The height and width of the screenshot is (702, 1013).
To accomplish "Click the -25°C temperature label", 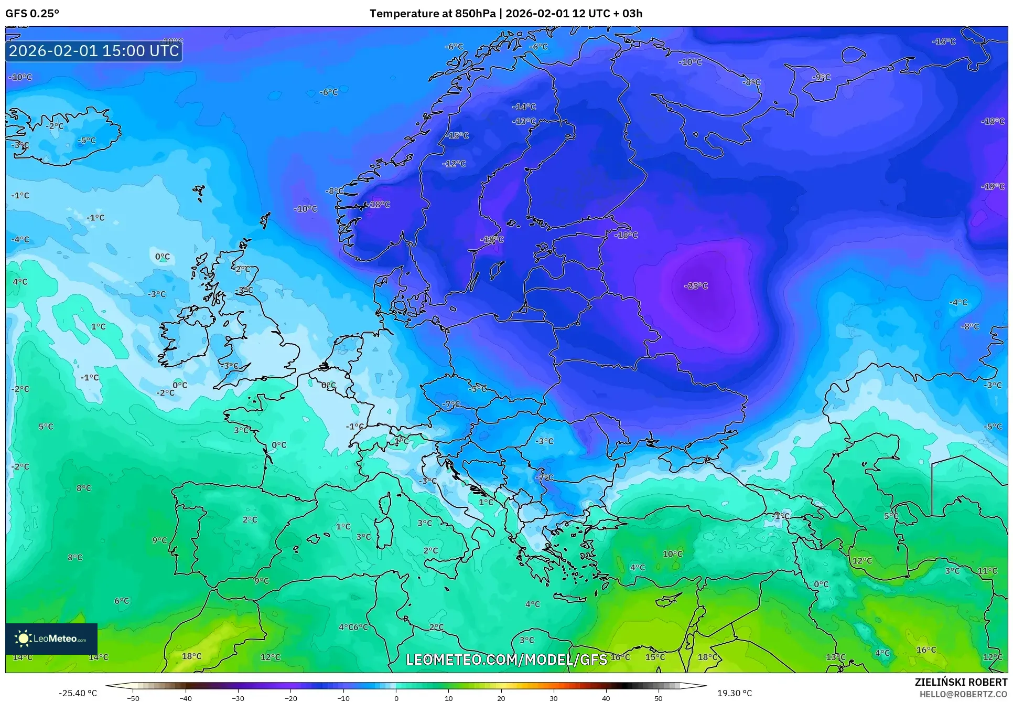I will (696, 286).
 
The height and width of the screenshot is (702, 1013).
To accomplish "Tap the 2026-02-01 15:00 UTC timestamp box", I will (94, 51).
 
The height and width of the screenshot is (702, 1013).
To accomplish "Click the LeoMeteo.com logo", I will (51, 639).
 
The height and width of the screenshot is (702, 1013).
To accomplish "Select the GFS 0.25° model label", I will (32, 14).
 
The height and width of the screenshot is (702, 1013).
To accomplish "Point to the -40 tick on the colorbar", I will (186, 698).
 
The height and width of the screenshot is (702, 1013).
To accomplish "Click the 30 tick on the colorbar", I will (554, 698).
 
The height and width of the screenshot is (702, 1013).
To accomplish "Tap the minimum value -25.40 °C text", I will (78, 693).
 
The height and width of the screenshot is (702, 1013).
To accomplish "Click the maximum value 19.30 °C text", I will (734, 693).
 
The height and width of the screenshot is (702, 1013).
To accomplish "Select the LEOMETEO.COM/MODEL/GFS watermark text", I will (506, 660).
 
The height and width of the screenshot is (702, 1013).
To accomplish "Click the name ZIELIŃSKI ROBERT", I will (961, 682).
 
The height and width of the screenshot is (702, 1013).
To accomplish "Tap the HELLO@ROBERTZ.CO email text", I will (963, 694).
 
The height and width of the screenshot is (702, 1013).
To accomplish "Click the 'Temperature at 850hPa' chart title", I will (432, 14).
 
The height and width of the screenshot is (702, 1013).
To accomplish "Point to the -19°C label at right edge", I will (993, 186).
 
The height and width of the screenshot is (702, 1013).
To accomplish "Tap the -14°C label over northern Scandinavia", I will (524, 107).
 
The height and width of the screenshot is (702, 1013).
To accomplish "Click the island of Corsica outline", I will (386, 504).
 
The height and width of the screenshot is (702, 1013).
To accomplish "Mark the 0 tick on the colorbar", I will (396, 698).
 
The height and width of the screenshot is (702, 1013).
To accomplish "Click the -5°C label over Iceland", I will (87, 141).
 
